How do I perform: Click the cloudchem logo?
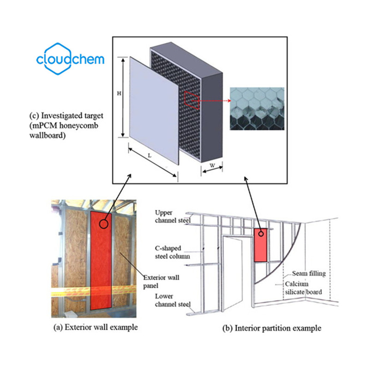tap(70, 60)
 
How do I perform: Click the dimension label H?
tap(119, 93)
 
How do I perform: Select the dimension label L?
tap(149, 156)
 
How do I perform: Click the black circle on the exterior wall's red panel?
tap(104, 224)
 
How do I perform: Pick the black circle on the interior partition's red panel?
tap(261, 233)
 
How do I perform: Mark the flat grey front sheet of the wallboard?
tap(152, 111)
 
